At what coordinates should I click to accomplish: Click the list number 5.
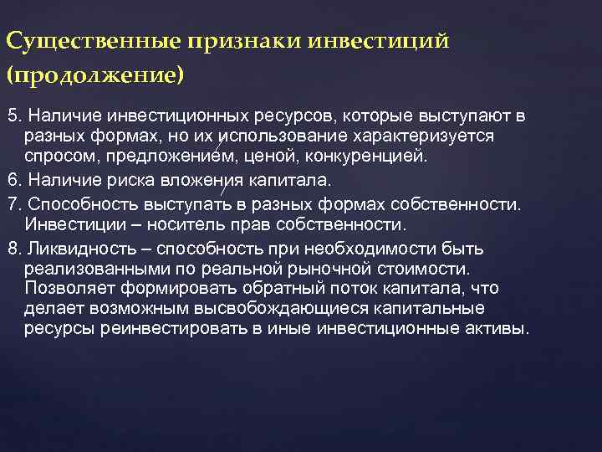pos(11,114)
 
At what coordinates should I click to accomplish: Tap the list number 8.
pos(11,249)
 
